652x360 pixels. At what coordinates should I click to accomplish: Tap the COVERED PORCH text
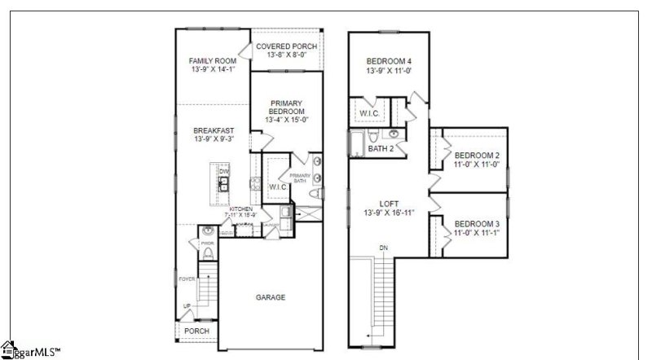tap(286, 46)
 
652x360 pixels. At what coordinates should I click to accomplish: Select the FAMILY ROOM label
tap(212, 61)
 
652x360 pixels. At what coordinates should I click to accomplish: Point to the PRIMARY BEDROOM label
tap(286, 107)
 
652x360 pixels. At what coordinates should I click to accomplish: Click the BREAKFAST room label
tap(213, 130)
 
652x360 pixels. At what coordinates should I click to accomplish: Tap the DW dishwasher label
tap(222, 171)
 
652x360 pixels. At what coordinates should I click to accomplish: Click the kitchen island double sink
tap(222, 187)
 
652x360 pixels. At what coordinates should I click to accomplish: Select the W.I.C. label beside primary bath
tap(276, 187)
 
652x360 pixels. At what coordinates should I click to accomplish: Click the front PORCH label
tap(196, 331)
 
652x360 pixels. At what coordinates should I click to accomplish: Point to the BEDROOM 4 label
tap(389, 61)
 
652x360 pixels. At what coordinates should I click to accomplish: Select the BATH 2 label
tap(381, 149)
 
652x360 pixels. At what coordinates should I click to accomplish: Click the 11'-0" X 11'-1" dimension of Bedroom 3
tap(476, 233)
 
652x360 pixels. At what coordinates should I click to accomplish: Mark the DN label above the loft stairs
tap(382, 247)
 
